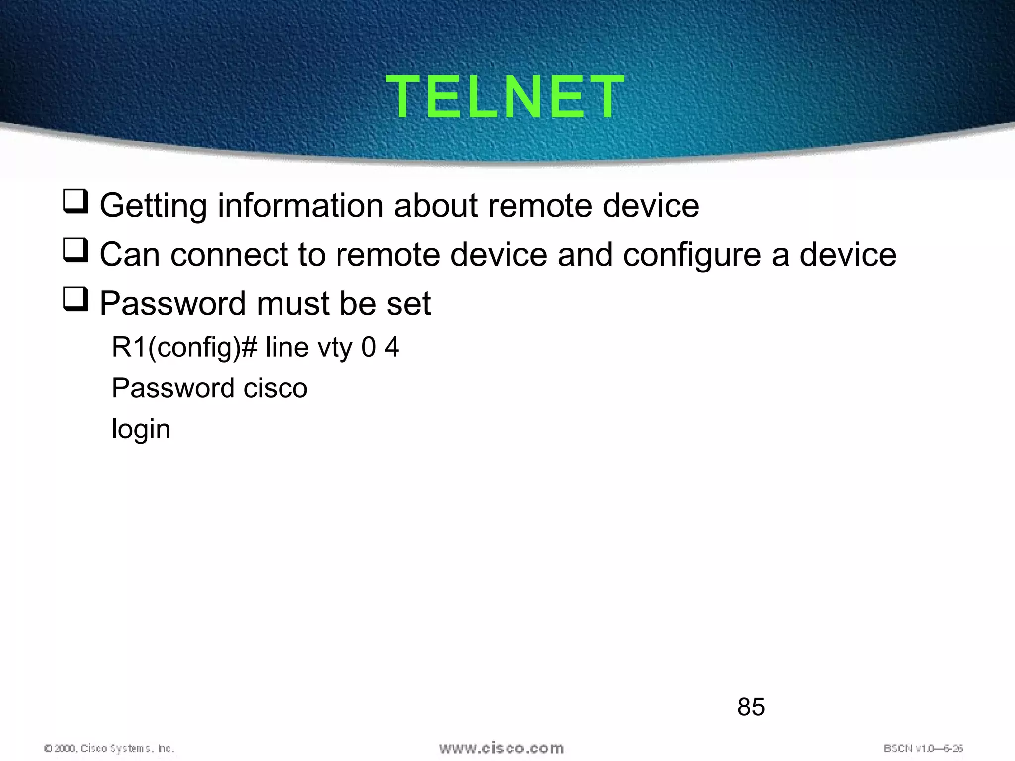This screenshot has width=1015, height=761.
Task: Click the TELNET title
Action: coord(505,97)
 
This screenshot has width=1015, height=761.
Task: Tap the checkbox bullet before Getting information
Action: coord(75,202)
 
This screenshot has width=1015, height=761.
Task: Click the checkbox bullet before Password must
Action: coord(75,300)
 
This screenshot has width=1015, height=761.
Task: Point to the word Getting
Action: coord(153,206)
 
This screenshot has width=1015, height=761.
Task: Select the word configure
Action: coord(691,255)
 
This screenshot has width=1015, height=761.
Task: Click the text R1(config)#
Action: coord(184,348)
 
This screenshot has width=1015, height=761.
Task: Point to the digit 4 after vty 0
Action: coord(392,347)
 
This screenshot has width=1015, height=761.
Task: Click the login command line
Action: coord(141,429)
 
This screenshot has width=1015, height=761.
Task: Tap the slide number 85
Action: coord(751,707)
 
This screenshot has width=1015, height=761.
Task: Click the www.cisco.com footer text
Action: coord(501,748)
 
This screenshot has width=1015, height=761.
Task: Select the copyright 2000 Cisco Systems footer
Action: coord(109,748)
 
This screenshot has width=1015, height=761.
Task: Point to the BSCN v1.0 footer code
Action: coord(923,748)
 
